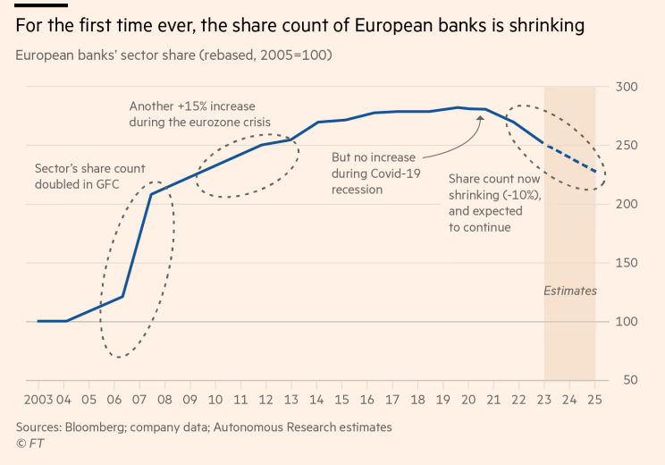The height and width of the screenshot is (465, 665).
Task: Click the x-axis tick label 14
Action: click(316, 399)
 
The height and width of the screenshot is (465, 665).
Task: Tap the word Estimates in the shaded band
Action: click(570, 291)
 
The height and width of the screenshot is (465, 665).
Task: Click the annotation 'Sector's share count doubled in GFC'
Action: click(89, 176)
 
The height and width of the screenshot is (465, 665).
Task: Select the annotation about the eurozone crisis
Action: click(199, 114)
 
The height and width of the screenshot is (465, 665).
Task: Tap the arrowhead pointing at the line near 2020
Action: click(480, 117)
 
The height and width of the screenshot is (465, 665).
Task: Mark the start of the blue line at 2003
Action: click(38, 321)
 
